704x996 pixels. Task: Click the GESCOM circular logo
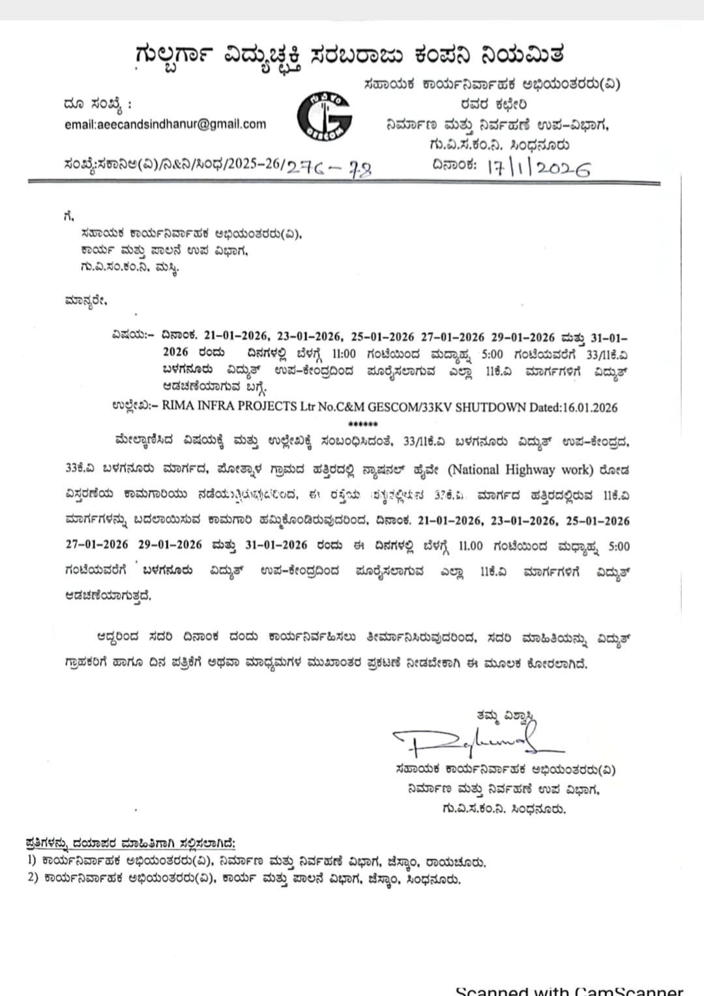click(325, 117)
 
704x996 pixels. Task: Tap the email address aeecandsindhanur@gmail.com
click(166, 124)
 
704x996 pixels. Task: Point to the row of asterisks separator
click(363, 424)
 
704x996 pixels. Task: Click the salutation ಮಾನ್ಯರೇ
click(85, 301)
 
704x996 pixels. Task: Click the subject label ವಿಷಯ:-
click(132, 337)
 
